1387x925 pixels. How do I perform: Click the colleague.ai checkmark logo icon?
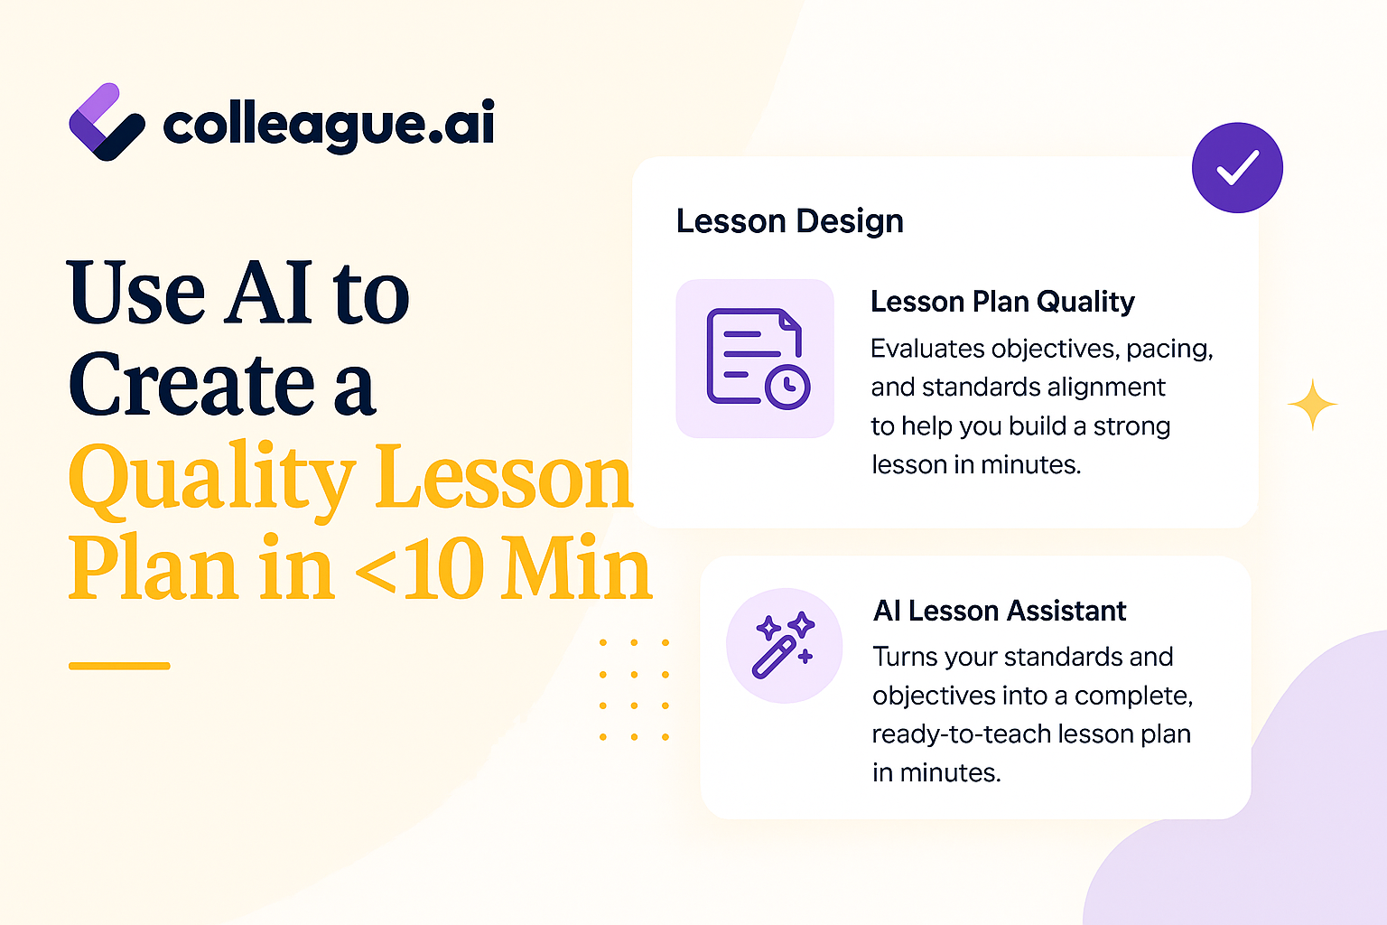(107, 122)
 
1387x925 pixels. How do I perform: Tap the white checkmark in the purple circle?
(1237, 167)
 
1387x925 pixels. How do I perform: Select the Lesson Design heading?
(789, 221)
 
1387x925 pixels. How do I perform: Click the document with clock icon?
(758, 359)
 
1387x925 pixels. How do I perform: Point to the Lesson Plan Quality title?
(1002, 303)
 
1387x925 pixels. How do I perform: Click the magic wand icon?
(783, 645)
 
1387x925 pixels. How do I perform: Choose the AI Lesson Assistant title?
(1000, 611)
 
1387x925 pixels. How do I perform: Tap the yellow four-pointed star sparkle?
(1312, 404)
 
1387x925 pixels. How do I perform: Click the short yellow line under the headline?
(119, 666)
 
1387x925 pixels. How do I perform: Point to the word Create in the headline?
(191, 384)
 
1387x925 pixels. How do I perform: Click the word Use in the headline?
(135, 291)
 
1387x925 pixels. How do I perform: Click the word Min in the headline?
(576, 568)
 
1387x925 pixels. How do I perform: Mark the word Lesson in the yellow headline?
(504, 478)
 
